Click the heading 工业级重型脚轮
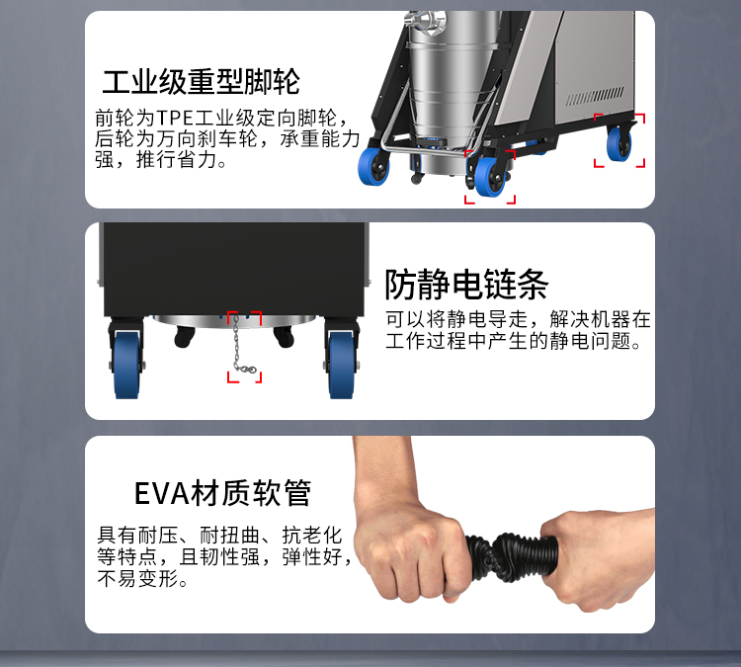click(201, 82)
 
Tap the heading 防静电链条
click(466, 285)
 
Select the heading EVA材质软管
click(222, 493)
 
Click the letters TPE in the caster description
click(175, 118)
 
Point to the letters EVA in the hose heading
click(162, 494)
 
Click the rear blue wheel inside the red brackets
click(618, 143)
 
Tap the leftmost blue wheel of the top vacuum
click(373, 166)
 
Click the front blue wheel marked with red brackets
click(490, 176)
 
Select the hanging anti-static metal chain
click(242, 345)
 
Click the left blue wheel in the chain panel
click(126, 364)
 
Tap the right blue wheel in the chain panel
click(341, 364)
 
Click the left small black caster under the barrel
click(184, 337)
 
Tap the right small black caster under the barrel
click(284, 337)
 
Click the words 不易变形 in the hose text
click(137, 579)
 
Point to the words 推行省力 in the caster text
click(176, 160)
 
